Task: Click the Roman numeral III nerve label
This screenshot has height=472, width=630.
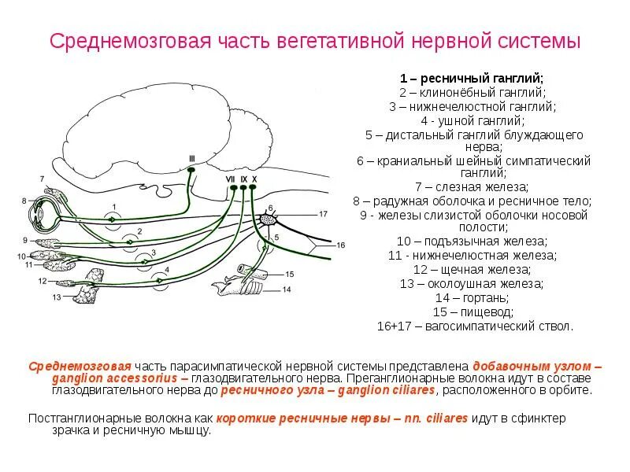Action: pos(191,158)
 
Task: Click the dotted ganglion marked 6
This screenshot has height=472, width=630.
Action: pos(268,218)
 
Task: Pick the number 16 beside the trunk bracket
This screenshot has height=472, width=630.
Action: pos(341,245)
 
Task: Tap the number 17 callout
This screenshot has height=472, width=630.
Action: pos(322,213)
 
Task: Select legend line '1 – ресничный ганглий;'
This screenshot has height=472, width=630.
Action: pos(472,79)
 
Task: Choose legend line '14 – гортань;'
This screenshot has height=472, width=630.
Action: pos(472,298)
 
